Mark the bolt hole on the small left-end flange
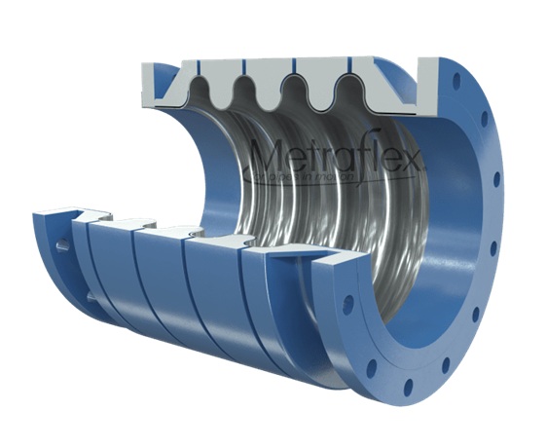62,246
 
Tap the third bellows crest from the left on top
301,93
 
